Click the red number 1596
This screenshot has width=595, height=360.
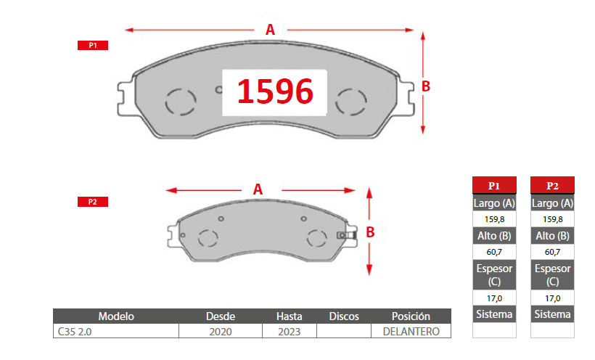pos(275,91)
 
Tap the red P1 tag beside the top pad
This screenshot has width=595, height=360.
pos(93,45)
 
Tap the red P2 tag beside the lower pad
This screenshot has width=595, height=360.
pos(93,202)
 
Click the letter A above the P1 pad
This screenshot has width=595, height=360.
pos(270,30)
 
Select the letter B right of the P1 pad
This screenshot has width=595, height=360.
pos(426,86)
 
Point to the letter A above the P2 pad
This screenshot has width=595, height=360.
pos(258,189)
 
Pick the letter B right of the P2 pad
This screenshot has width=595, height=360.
pos(370,232)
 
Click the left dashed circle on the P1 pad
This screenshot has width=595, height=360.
pos(181,102)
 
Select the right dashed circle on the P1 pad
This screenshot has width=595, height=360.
pos(351,102)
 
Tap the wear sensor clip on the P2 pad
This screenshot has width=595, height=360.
pos(346,235)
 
